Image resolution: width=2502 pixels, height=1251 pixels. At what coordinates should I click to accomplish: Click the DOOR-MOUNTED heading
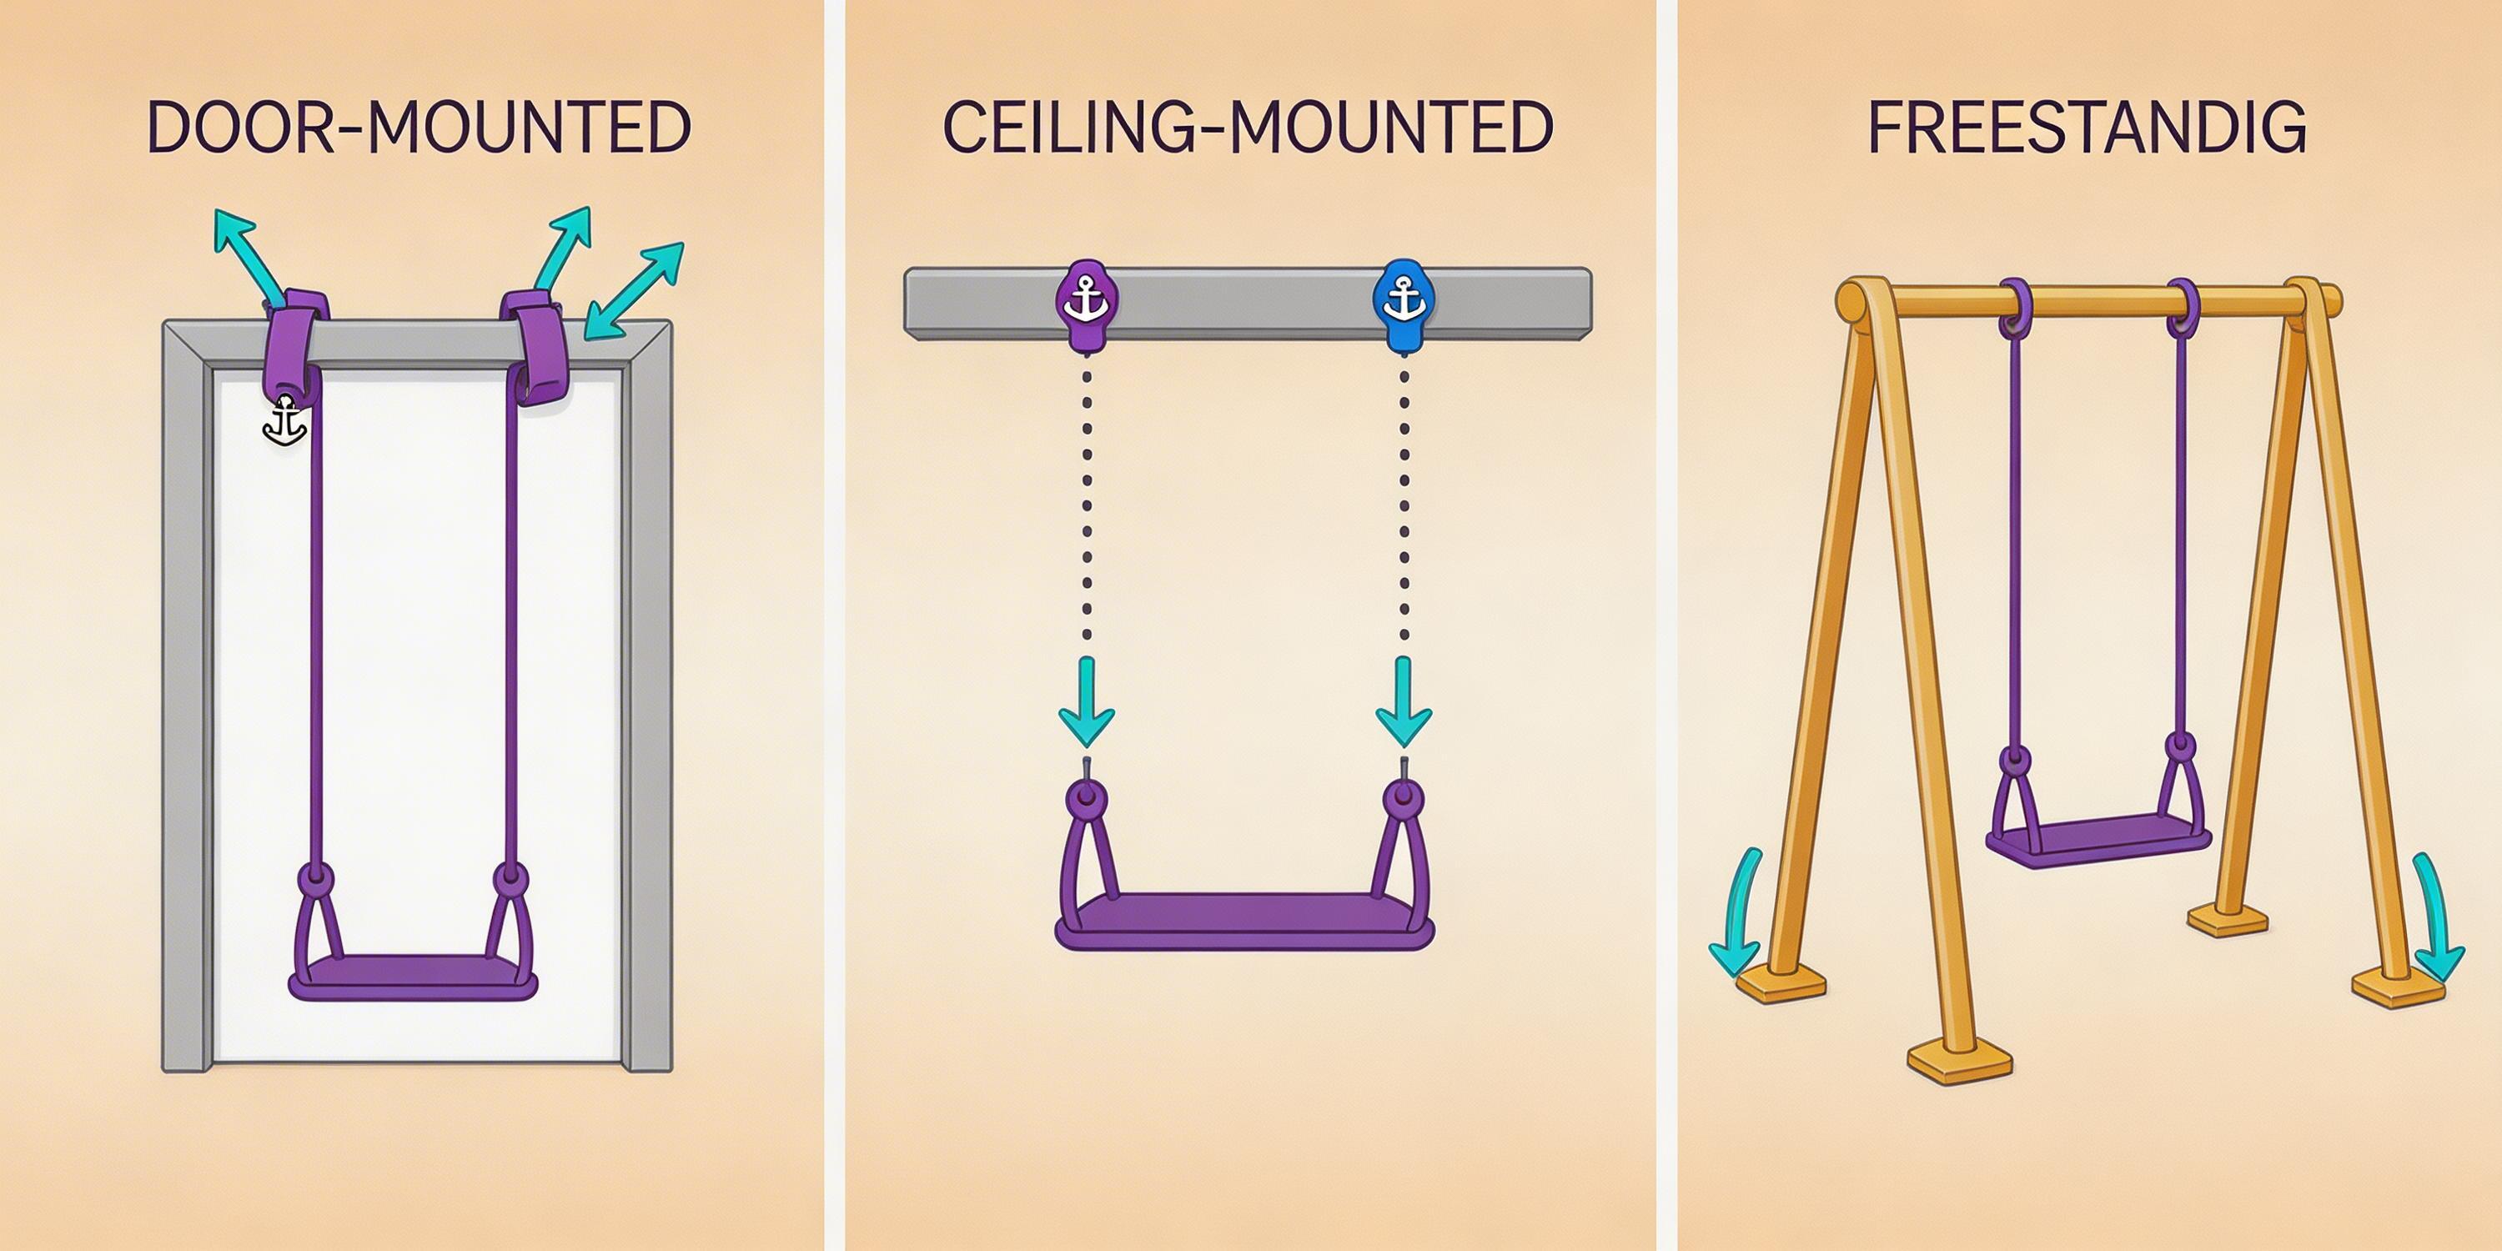419,128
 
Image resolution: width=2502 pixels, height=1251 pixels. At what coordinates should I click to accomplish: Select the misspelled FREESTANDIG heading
2087,128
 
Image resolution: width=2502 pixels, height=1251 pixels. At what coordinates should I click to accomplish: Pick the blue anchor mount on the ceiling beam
1403,303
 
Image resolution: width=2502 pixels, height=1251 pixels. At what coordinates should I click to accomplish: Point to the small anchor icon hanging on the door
285,424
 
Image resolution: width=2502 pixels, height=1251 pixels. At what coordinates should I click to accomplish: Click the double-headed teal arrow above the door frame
634,290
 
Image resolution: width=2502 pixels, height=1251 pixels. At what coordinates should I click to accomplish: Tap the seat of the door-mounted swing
413,975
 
